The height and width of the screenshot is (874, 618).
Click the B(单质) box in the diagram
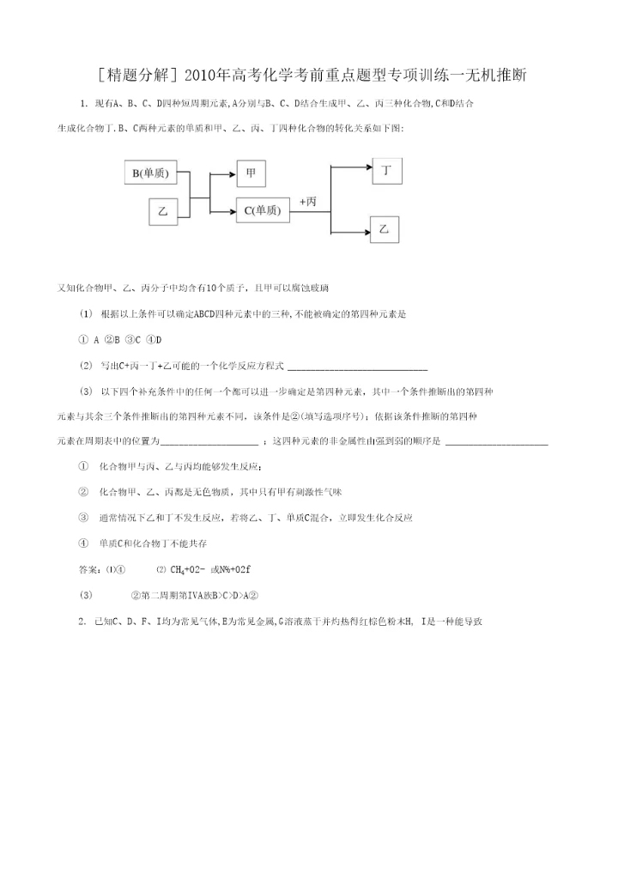(155, 173)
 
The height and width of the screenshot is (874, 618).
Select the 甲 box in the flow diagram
(251, 173)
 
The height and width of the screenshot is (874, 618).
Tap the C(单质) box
(262, 209)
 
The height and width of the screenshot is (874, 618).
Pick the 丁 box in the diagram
(387, 170)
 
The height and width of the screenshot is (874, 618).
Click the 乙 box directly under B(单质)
(161, 210)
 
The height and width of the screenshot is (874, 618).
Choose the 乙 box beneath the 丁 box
(385, 230)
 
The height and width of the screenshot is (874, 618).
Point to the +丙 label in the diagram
(308, 200)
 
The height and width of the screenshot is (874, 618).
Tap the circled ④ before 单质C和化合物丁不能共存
(83, 543)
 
